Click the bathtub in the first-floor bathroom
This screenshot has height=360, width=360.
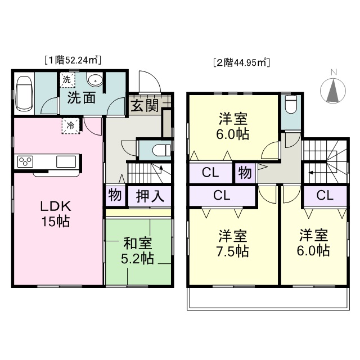(24, 93)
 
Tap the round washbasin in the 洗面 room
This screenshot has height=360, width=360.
(94, 80)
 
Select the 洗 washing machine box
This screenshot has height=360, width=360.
(67, 80)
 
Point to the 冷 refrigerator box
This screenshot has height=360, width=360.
(70, 126)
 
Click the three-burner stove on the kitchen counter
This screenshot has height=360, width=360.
(25, 162)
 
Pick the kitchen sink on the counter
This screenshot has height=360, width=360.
(66, 162)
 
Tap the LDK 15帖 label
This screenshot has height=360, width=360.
(56, 214)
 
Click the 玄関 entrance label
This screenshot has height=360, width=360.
(145, 106)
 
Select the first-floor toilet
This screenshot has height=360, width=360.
(161, 151)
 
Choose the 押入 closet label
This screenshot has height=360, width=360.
(150, 196)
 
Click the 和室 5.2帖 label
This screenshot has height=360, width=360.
(137, 251)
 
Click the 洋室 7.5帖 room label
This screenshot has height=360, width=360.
(232, 244)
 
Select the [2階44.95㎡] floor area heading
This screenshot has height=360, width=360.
(241, 62)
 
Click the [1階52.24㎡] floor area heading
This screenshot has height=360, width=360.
(73, 60)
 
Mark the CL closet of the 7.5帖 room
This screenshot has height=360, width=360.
(222, 195)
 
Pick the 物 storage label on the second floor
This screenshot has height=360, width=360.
(245, 173)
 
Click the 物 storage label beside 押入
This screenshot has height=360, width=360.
(115, 195)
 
